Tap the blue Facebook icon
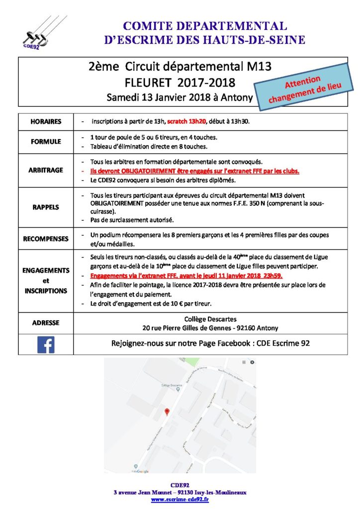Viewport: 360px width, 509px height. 46,344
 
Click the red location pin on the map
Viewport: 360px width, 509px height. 167,412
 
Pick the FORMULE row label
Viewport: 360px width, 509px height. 46,141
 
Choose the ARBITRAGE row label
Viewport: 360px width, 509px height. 46,170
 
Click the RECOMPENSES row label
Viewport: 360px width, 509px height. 46,239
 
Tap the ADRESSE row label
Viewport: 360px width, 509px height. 46,323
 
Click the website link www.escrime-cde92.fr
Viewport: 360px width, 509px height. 180,500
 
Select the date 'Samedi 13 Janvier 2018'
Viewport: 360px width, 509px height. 156,97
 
